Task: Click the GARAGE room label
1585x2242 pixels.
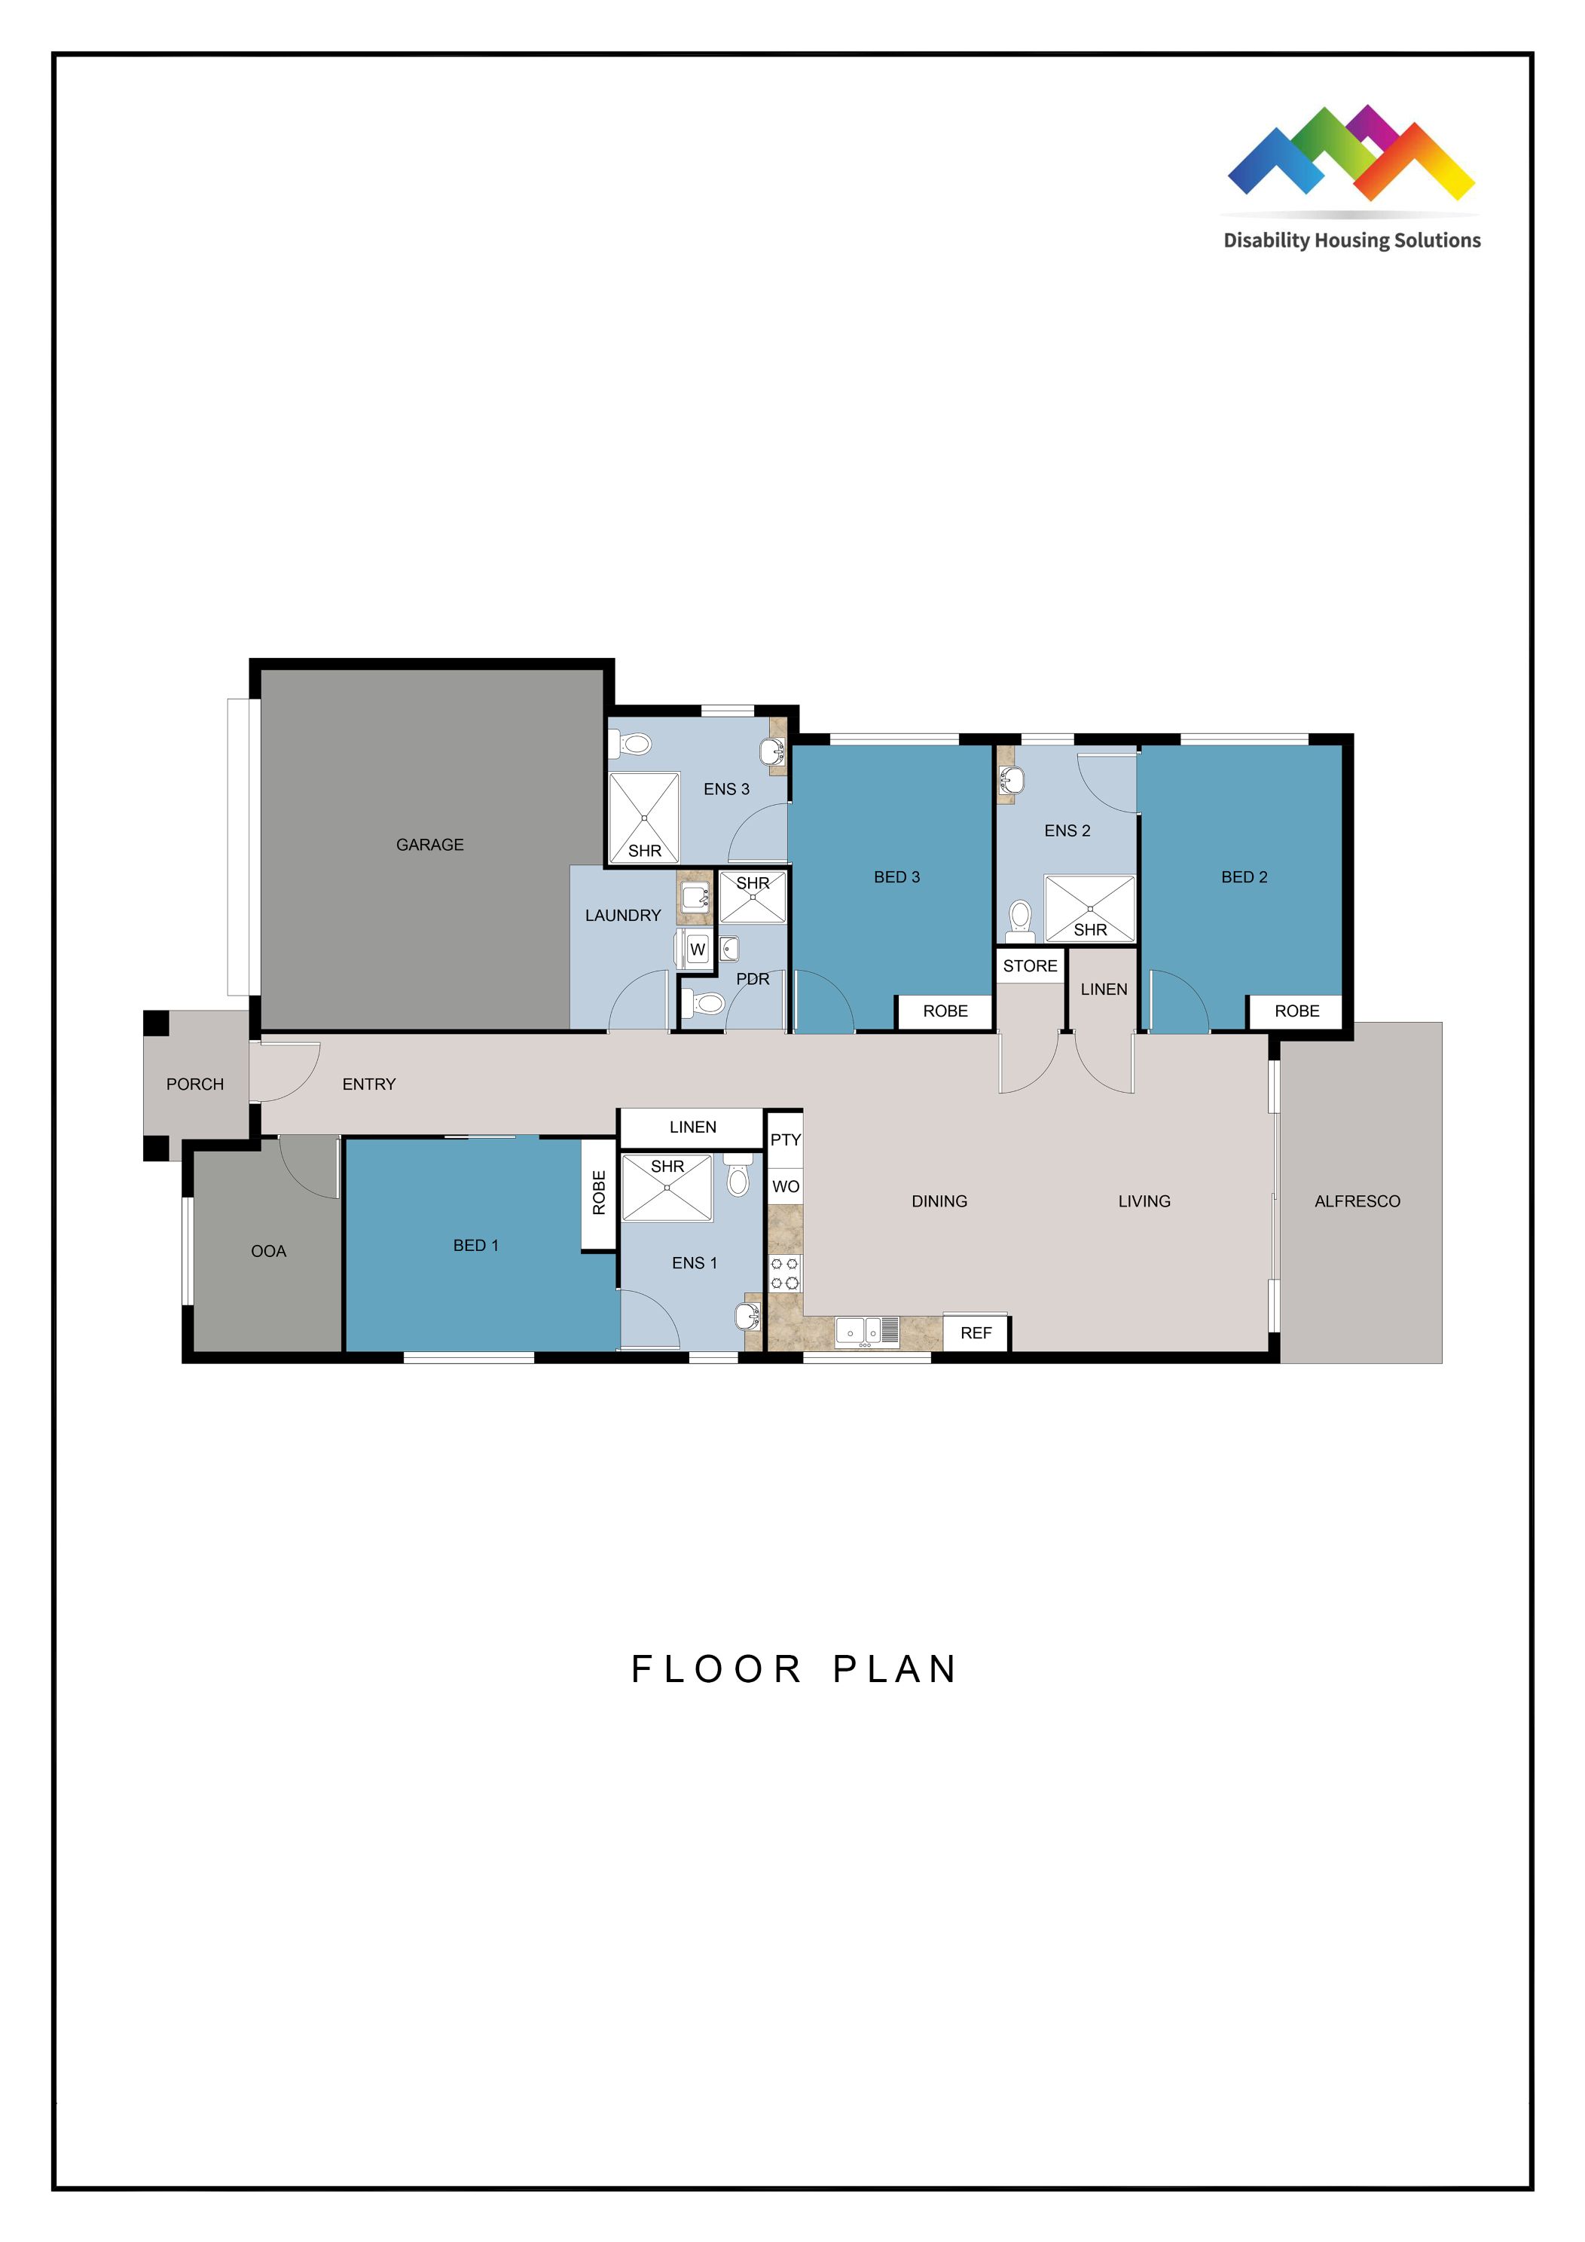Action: [x=429, y=845]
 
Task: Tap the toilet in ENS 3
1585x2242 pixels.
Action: [x=633, y=745]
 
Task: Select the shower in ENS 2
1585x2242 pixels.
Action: [x=1089, y=908]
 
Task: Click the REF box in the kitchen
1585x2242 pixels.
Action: [x=976, y=1333]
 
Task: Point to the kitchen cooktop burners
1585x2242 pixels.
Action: [x=785, y=1274]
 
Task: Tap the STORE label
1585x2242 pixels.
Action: [x=1030, y=965]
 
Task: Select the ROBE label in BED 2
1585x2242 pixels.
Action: [x=1296, y=1011]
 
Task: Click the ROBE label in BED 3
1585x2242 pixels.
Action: [x=945, y=1011]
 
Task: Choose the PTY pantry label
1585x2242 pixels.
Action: [x=785, y=1139]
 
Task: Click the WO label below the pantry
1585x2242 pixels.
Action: [x=785, y=1186]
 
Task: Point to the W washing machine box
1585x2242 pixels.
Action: [x=697, y=949]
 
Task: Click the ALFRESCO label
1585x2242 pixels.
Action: [x=1357, y=1201]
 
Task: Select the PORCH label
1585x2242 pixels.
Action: [x=194, y=1084]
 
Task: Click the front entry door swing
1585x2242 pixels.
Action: [x=288, y=1069]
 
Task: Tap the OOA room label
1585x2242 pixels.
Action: [x=268, y=1251]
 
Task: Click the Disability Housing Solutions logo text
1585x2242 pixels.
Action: [x=1351, y=240]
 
